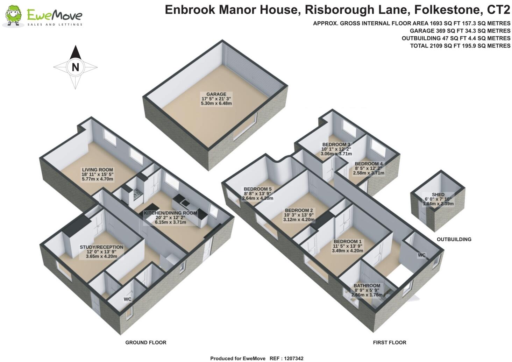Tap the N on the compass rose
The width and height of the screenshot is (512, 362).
75,67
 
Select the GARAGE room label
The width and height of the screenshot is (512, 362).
216,94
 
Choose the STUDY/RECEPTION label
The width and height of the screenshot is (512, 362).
101,247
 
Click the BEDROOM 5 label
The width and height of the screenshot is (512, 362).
257,189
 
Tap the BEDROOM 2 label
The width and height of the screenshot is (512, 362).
299,211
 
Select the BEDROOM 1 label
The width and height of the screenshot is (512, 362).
347,241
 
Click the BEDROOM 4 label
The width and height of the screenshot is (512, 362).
369,164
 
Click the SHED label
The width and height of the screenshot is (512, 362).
438,194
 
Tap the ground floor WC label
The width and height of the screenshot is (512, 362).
127,299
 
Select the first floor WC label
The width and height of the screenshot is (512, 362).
421,255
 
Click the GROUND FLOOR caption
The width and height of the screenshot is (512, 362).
146,342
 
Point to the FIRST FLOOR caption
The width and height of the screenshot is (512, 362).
389,342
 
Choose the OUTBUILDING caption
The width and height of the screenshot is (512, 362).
454,239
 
